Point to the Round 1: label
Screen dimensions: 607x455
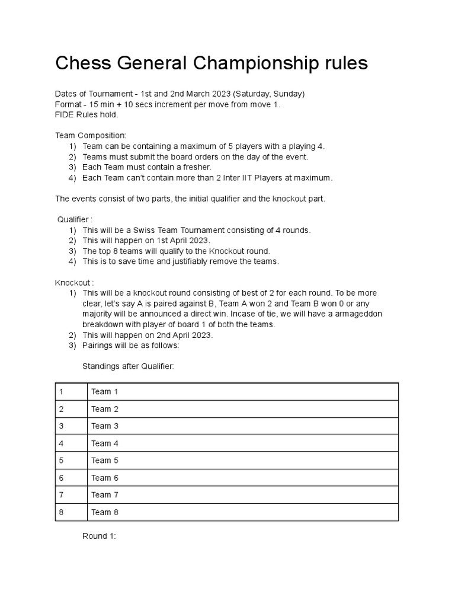(99, 536)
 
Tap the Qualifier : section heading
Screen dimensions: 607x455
(75, 219)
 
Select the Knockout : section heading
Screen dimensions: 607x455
(75, 283)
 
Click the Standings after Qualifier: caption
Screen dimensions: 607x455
(128, 366)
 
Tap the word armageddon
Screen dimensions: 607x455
(356, 314)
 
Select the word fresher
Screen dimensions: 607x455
(197, 167)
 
